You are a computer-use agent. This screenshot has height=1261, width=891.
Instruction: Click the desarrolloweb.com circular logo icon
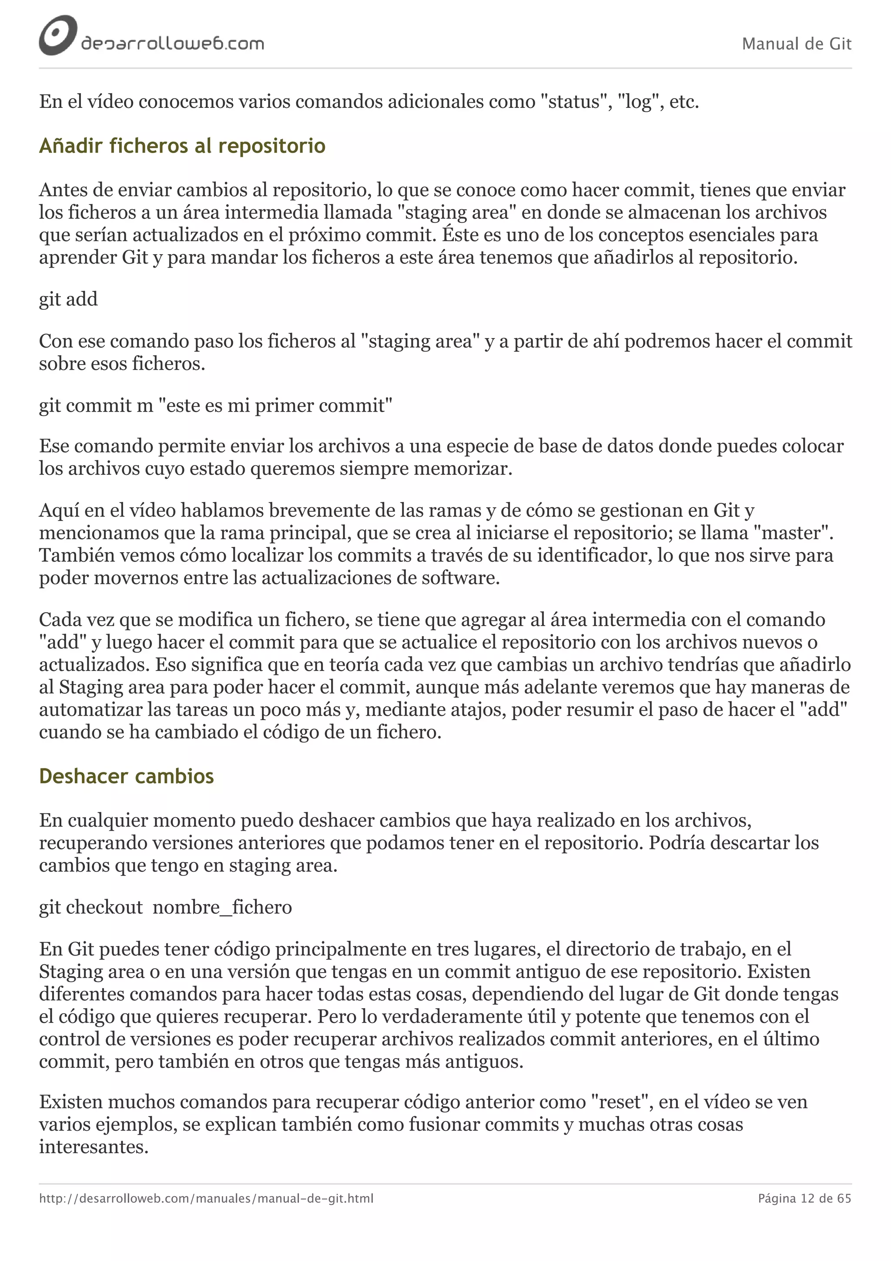[x=57, y=36]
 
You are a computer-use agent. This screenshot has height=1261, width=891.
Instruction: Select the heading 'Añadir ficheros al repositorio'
[x=182, y=146]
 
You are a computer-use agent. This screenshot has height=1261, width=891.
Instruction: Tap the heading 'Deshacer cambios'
[x=126, y=776]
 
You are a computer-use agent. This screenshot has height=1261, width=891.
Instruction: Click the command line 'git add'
[x=68, y=299]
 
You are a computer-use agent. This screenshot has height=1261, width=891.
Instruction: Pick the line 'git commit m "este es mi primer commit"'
[x=215, y=406]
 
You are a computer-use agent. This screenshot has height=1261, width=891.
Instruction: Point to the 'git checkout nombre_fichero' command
[x=165, y=907]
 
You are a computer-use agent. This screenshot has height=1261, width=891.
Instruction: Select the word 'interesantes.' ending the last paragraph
[x=94, y=1147]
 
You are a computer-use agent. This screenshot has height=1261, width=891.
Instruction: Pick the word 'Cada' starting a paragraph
[x=59, y=620]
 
